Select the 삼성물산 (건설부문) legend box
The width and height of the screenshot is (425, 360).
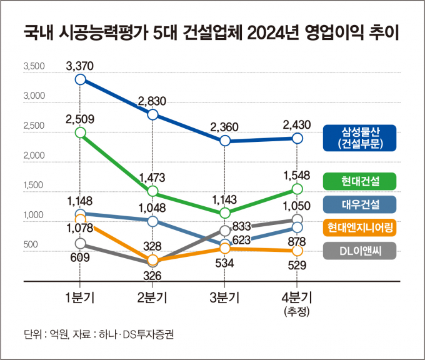[x=360, y=137]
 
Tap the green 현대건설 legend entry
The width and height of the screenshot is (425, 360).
[x=360, y=181]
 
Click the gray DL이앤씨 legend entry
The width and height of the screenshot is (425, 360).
[x=360, y=251]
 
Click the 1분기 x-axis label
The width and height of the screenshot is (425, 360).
[x=80, y=297]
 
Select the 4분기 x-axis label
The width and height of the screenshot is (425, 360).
[x=297, y=297]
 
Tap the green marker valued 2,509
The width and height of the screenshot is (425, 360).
[x=80, y=132]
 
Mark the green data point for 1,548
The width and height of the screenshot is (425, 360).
[x=297, y=189]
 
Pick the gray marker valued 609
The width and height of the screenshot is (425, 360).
[x=80, y=243]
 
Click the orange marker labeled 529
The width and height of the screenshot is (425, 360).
[x=297, y=251]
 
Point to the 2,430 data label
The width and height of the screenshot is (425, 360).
[x=297, y=124]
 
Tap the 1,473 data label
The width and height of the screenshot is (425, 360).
[x=152, y=177]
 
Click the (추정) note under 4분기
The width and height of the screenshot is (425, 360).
[x=297, y=311]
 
